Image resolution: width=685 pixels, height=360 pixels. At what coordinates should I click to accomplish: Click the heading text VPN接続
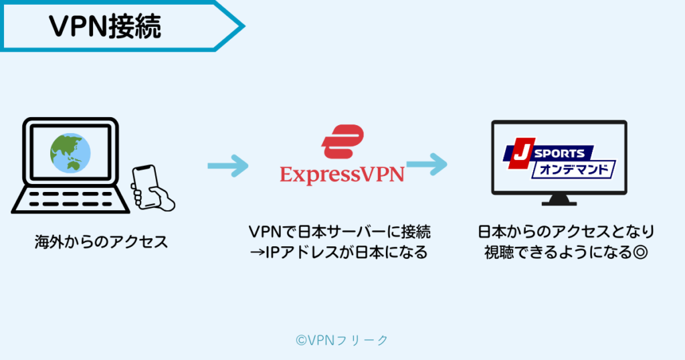pos(105,27)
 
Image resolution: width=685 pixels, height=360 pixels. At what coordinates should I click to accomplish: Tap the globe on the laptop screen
pos(70,153)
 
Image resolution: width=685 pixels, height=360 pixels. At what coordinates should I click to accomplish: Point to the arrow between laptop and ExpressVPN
pos(227,165)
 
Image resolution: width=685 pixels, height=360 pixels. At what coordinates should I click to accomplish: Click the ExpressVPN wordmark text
pos(342,175)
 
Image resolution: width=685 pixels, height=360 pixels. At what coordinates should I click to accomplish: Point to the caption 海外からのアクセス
pos(101,242)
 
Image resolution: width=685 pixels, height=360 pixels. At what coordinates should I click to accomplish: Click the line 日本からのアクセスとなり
pos(565,232)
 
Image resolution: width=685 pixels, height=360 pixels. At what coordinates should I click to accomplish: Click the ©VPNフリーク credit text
pos(342,340)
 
